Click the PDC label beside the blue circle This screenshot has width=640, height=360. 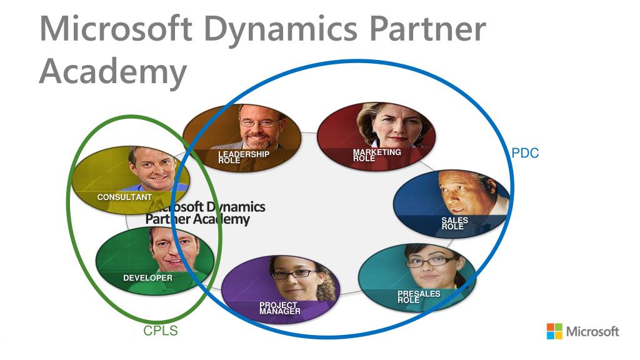525,153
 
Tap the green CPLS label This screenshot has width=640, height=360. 161,331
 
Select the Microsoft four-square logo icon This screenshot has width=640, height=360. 554,331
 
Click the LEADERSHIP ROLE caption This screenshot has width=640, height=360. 243,157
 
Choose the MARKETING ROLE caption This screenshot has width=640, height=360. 376,155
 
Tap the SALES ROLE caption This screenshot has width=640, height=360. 454,223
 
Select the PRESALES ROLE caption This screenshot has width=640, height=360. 418,297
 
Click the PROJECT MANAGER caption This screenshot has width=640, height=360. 279,307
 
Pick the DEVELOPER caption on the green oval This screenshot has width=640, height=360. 147,277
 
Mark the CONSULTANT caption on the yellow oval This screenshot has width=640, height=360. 124,197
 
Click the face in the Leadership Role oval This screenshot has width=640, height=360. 259,123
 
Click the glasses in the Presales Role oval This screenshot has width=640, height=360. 431,261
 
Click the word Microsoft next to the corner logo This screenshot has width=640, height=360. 592,331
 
